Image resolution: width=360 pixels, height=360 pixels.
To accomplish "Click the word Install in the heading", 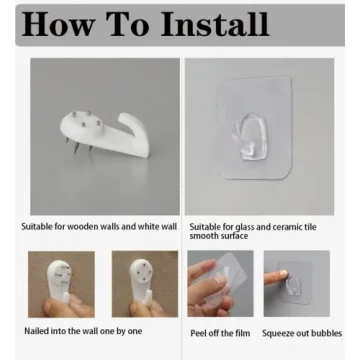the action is click(215, 25).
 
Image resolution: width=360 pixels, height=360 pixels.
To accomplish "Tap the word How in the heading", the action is click(58, 25).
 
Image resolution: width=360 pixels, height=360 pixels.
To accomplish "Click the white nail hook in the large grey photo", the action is click(105, 133).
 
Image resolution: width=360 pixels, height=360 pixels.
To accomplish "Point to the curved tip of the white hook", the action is click(124, 117).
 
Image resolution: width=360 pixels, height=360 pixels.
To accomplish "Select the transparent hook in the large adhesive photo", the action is click(249, 137).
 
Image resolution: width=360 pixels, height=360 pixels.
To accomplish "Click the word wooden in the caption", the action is click(82, 227).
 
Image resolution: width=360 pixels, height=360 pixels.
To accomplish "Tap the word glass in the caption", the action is click(244, 227).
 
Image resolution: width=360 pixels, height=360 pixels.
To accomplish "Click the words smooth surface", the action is click(219, 236).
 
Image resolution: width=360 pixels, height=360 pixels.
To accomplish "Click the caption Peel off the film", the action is click(220, 333).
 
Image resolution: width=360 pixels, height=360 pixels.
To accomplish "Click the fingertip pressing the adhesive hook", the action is click(283, 274).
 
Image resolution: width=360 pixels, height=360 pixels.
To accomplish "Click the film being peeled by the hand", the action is click(227, 278).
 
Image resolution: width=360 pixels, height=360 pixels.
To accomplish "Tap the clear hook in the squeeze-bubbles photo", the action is click(292, 286).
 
